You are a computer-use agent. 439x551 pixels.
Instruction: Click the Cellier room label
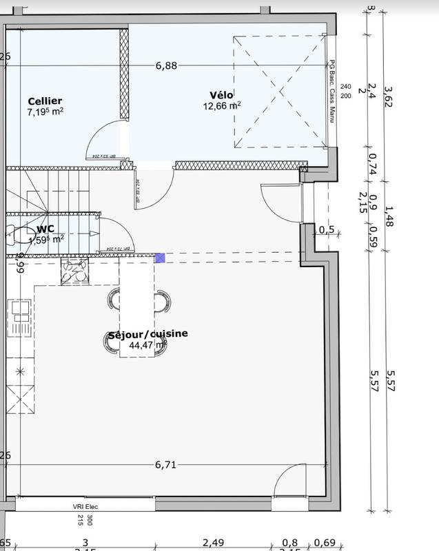coord(45,101)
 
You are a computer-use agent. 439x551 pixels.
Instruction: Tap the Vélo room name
coord(222,94)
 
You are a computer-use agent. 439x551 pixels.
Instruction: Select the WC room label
coord(46,229)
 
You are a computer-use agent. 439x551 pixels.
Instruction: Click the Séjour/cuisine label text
coord(148,334)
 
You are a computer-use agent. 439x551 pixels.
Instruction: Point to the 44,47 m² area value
coord(148,344)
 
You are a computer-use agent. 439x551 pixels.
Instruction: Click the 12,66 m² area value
coord(222,106)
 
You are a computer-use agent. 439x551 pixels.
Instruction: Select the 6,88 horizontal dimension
coord(166,66)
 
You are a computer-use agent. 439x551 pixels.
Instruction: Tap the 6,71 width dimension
coord(166,465)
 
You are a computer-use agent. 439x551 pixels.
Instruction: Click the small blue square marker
coord(160,258)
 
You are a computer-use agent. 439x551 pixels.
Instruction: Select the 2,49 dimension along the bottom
coord(214,543)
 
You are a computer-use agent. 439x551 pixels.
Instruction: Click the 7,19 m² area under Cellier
coord(45,112)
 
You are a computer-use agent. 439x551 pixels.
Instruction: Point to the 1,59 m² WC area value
coord(46,239)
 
